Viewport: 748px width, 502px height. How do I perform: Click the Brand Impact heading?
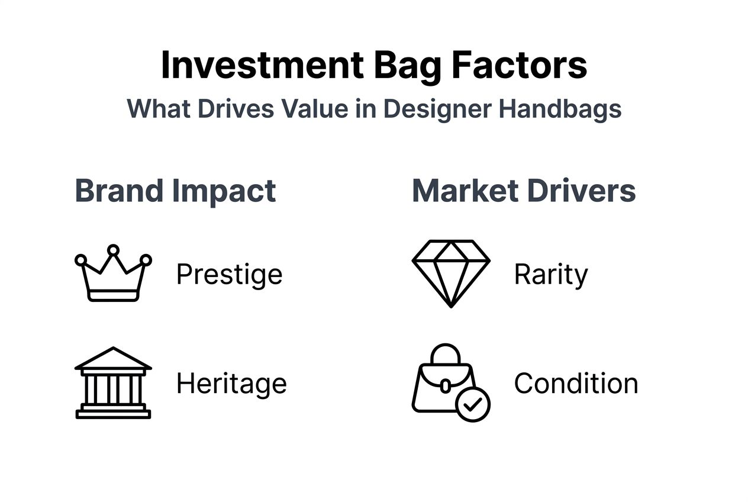175,191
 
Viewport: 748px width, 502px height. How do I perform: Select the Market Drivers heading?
524,191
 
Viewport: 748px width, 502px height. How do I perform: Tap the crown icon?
113,275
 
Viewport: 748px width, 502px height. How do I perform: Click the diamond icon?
451,273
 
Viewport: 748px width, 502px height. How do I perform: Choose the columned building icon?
113,383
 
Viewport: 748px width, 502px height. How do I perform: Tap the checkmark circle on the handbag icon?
473,405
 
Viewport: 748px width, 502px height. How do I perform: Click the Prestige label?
229,275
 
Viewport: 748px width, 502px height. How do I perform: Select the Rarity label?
551,275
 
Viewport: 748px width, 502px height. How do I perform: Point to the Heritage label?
231,384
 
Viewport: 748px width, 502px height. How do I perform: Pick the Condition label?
576,384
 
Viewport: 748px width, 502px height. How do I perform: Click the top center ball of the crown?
113,250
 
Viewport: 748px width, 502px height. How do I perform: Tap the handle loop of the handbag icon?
444,354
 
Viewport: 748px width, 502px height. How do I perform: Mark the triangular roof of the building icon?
113,359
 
